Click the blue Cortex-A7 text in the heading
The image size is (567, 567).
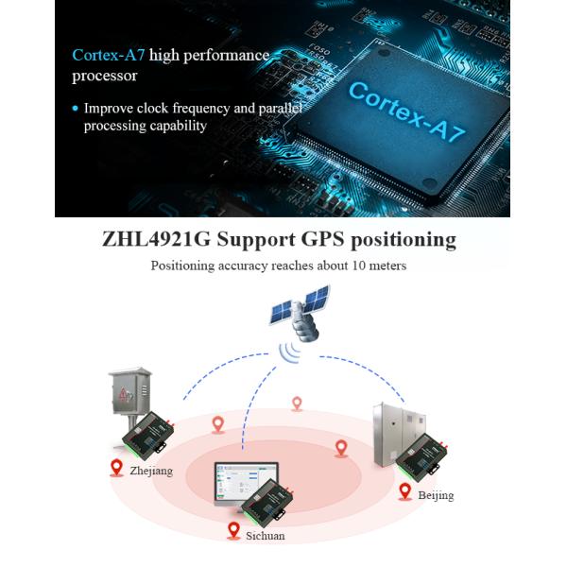tap(109, 55)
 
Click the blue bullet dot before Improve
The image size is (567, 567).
tap(76, 109)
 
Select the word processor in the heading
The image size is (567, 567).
tap(105, 76)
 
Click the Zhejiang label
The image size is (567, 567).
tap(152, 471)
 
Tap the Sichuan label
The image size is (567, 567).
tap(266, 536)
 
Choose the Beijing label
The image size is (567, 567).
tap(436, 495)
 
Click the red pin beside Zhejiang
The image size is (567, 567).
tap(117, 467)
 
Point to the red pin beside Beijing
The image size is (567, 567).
tap(405, 490)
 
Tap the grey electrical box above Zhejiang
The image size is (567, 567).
tap(129, 392)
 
